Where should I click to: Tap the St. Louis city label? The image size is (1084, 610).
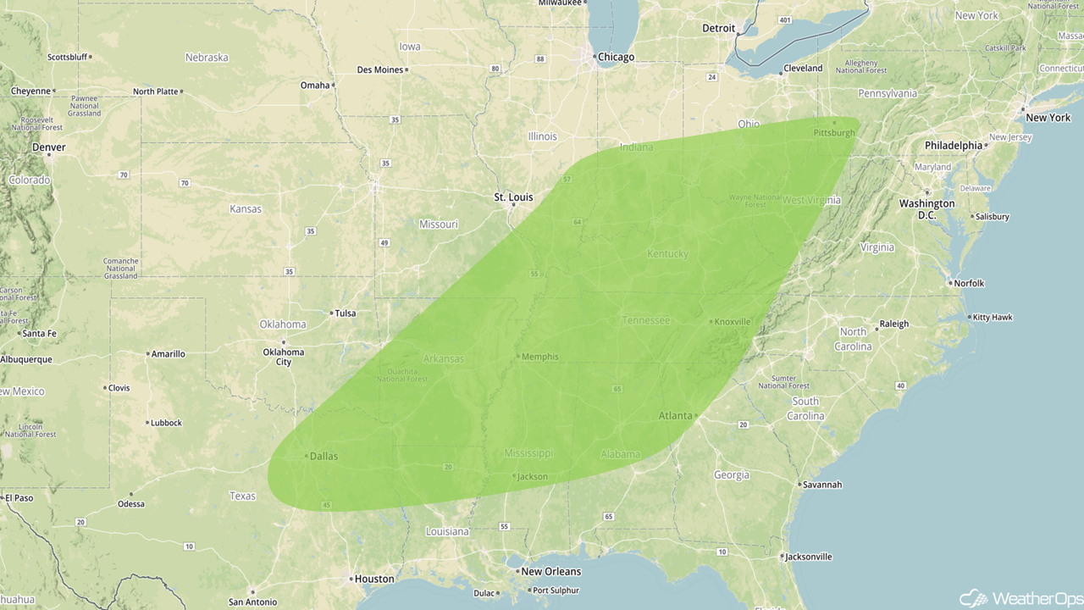(514, 197)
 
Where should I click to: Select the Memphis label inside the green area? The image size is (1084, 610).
(540, 357)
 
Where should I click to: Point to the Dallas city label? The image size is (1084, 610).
(324, 456)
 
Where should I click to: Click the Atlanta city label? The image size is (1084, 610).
(676, 416)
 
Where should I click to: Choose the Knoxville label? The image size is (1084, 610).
(733, 322)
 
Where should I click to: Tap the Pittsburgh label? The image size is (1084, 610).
(834, 133)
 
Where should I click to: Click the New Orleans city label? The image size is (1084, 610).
(551, 571)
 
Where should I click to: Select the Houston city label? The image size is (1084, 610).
(374, 579)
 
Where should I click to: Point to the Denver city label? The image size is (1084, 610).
(49, 147)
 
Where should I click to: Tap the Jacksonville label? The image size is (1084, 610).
(809, 557)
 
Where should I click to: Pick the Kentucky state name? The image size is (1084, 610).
(667, 254)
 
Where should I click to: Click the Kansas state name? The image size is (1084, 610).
(246, 208)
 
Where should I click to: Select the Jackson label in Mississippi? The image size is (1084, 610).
(533, 476)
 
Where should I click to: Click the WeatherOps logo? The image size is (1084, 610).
(1020, 598)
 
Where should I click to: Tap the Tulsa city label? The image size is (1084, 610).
(346, 313)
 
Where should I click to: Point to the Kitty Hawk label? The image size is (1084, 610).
(993, 318)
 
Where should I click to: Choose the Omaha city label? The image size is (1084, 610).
(315, 85)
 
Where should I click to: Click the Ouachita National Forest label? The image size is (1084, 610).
(402, 374)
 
